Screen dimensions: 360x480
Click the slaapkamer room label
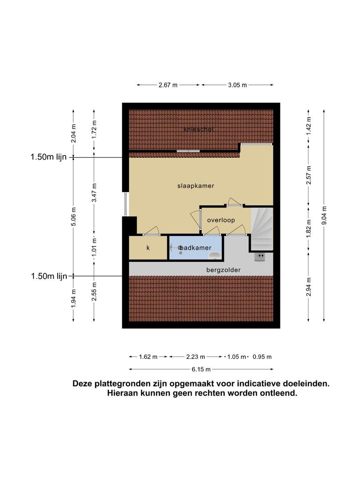point(196,186)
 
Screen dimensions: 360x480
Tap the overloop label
point(221,220)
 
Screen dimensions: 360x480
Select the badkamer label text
point(195,248)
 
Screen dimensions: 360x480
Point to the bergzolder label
point(224,270)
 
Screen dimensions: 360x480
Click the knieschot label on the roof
point(198,129)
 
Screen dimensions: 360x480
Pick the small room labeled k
point(148,248)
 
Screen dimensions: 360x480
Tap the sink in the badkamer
point(215,255)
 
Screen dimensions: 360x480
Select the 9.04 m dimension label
point(324,216)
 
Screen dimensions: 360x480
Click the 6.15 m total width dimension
point(201,369)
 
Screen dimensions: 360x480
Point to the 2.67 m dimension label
point(168,85)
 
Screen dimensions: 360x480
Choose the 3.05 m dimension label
point(237,85)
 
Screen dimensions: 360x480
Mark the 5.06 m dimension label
point(73,216)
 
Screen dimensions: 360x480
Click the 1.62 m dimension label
point(148,356)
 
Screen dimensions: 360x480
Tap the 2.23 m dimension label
point(196,356)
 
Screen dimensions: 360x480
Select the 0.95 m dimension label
point(262,356)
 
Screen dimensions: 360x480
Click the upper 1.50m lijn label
point(48,157)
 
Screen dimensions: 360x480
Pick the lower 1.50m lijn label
point(49,276)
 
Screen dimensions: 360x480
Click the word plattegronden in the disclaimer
point(122,384)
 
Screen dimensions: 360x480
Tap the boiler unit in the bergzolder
point(260,256)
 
